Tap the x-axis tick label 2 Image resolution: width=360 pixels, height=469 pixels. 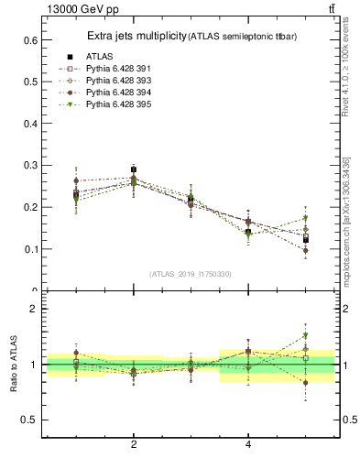tap(134, 444)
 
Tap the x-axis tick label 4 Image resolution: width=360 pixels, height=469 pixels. tap(248, 444)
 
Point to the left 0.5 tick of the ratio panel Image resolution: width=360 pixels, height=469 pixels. tap(30, 420)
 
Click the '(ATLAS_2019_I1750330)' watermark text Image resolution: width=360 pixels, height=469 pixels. tap(191, 274)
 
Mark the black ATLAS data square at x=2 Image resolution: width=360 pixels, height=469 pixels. tap(134, 170)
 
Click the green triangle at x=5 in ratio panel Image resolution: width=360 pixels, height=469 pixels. tap(306, 335)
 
